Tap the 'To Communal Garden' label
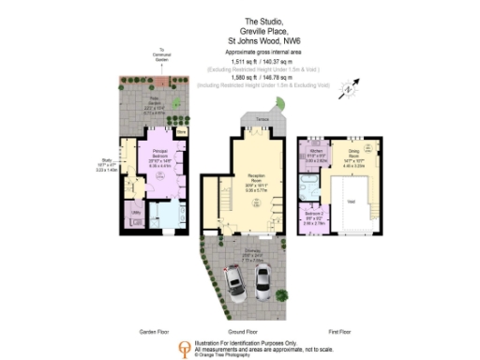(162, 55)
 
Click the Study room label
(111, 165)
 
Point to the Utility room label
(136, 213)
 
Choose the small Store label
(181, 134)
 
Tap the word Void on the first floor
(351, 202)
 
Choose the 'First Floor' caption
(339, 332)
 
